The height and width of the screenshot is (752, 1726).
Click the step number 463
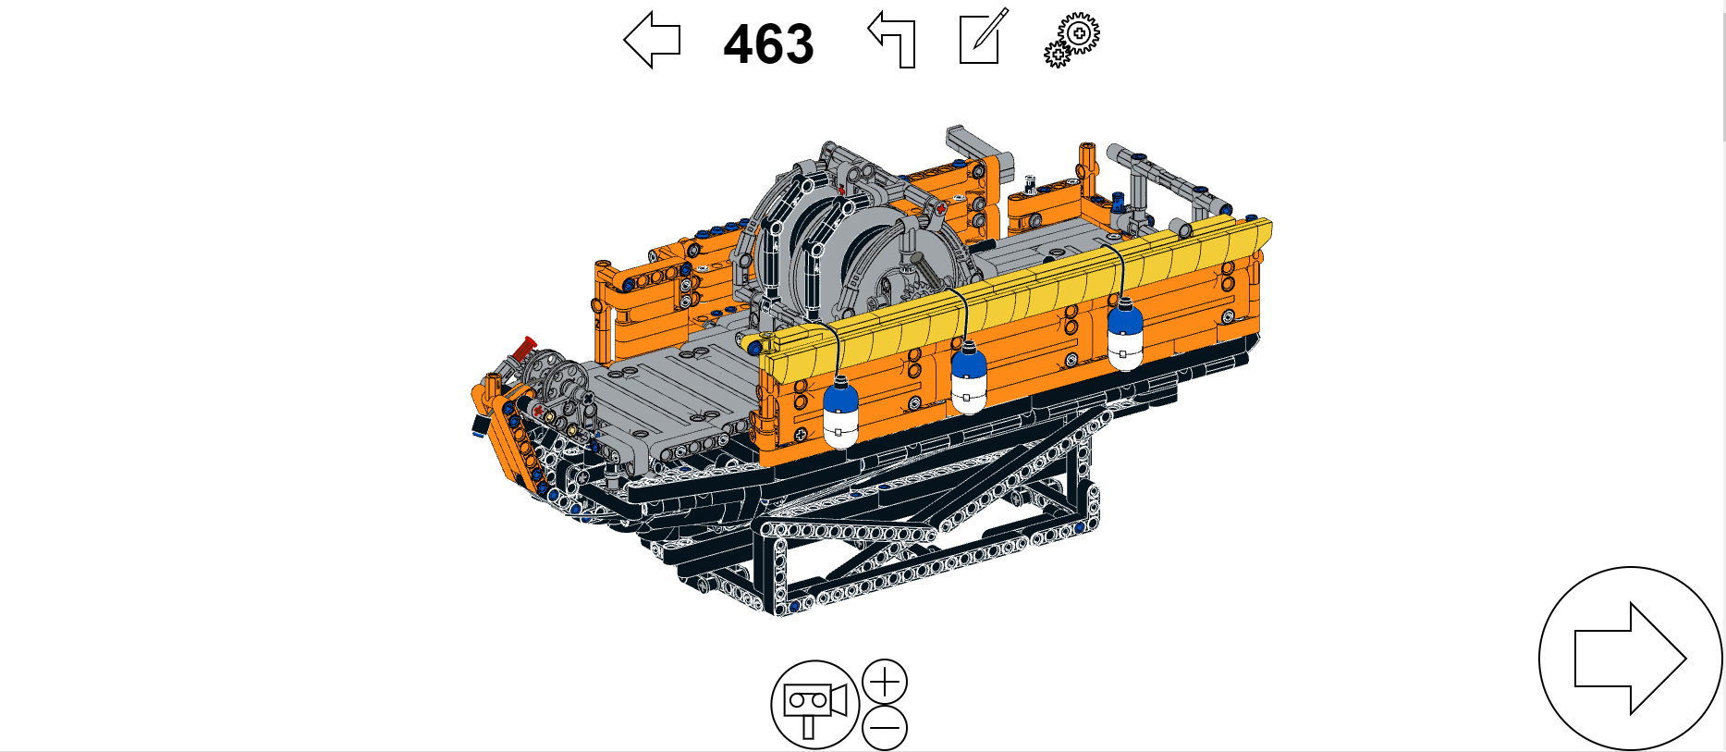click(768, 43)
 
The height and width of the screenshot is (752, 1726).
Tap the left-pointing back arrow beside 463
click(652, 40)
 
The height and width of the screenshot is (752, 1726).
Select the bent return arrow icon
click(892, 41)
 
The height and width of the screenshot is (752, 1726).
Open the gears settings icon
click(1072, 40)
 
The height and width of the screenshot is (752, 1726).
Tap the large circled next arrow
click(1630, 659)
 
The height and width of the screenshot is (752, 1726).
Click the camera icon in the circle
click(814, 704)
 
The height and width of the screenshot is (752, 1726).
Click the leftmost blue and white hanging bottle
click(840, 413)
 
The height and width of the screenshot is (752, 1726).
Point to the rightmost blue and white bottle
click(1125, 334)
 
